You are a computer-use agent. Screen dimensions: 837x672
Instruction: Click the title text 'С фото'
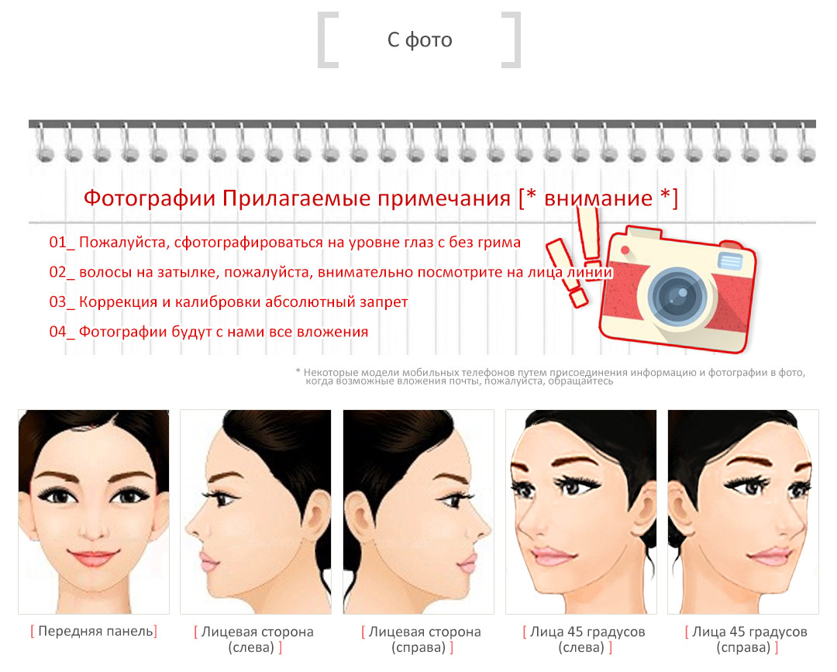[419, 40]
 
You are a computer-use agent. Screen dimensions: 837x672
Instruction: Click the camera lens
[677, 296]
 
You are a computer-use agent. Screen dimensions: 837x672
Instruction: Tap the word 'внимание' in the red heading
[598, 198]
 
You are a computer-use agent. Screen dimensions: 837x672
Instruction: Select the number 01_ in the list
[62, 243]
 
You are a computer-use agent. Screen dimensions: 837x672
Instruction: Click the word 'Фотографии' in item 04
[122, 333]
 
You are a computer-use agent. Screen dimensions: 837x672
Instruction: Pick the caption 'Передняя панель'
[95, 632]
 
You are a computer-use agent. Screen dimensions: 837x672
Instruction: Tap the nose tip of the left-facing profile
[188, 529]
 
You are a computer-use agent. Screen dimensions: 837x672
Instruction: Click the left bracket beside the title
[327, 40]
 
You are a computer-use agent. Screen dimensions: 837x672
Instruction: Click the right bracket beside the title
[511, 40]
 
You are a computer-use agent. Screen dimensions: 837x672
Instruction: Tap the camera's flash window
[730, 260]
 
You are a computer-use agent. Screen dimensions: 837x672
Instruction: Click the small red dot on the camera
[625, 250]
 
